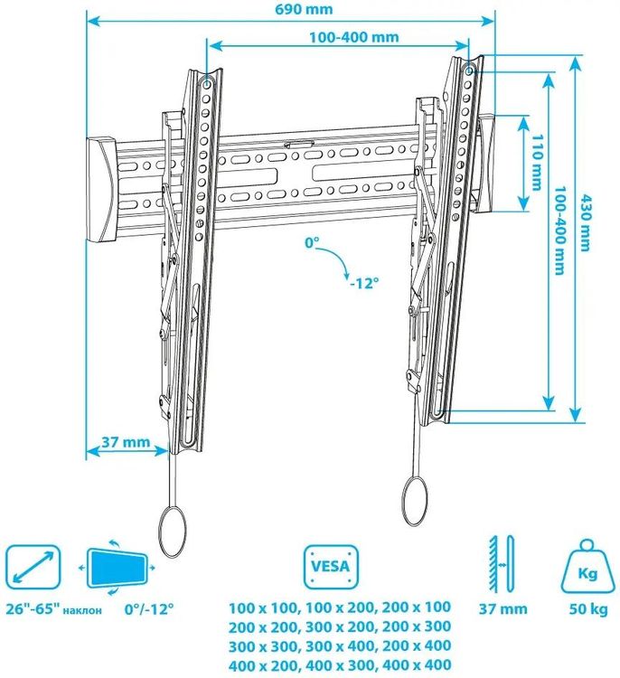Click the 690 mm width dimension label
[304, 9]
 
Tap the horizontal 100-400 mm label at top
[353, 37]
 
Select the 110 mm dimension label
[537, 163]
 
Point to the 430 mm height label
[585, 223]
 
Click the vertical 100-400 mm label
[560, 231]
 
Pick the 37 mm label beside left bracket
[126, 442]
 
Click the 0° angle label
[312, 243]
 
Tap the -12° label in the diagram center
[364, 283]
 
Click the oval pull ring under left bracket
[173, 532]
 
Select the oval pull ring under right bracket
[415, 501]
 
